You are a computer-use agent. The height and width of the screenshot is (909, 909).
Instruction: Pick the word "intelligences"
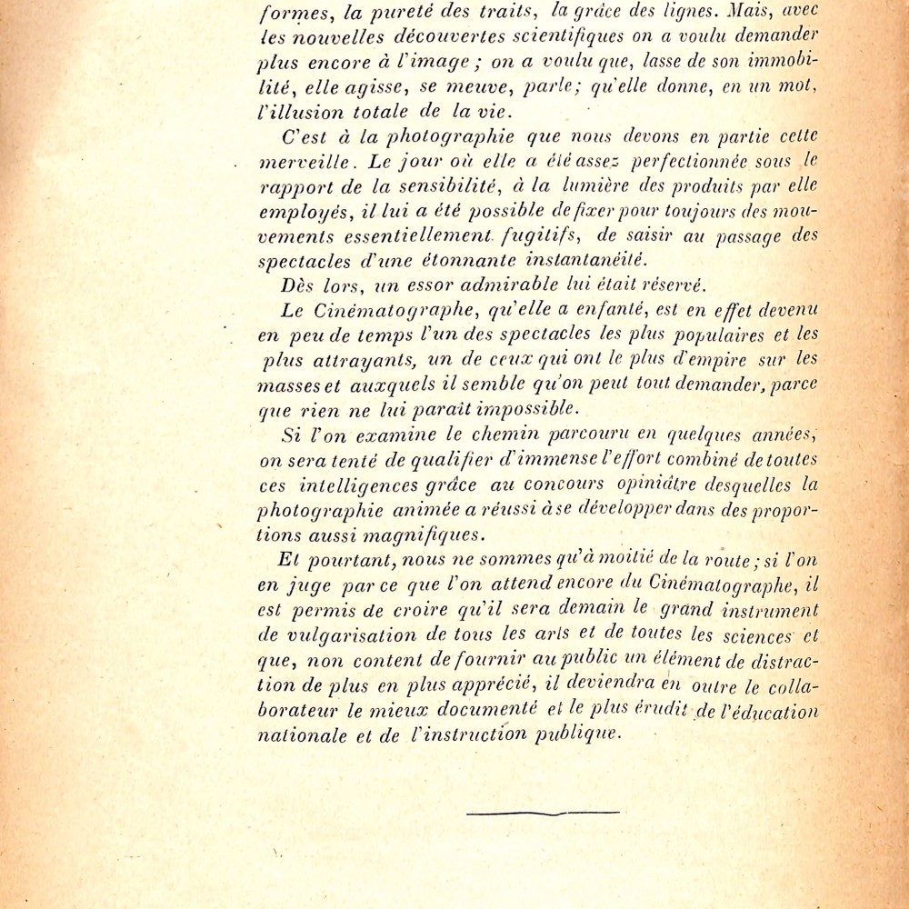coord(361,485)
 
